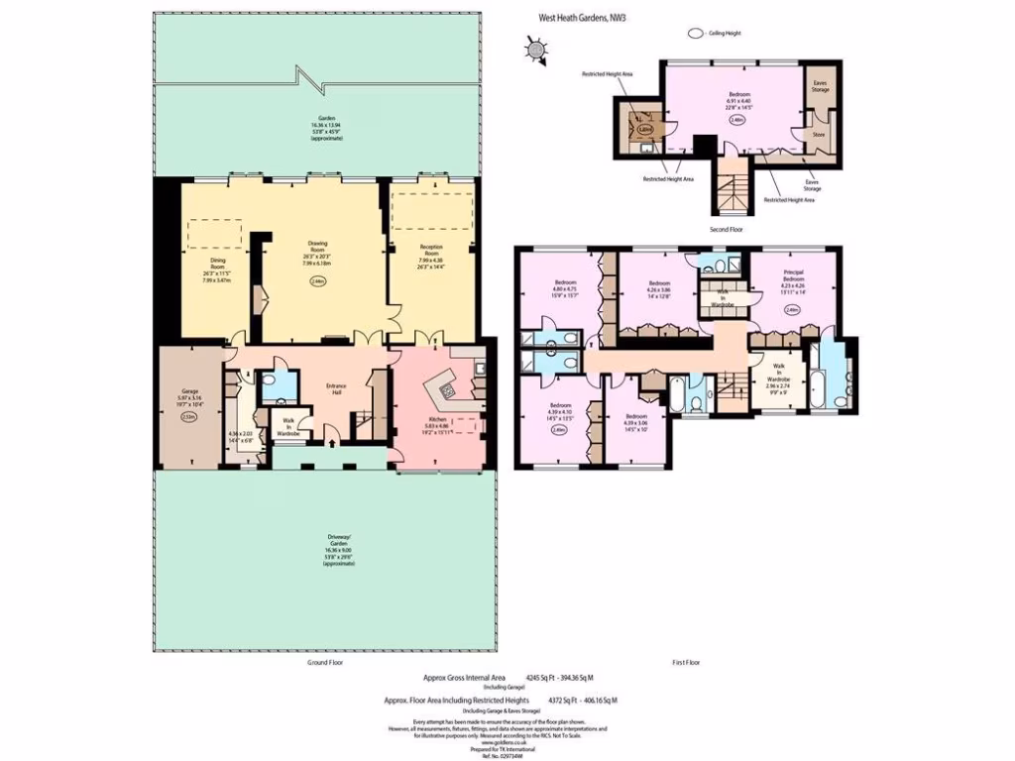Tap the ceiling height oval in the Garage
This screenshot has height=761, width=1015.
click(189, 417)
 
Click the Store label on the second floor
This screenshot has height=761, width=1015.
click(819, 134)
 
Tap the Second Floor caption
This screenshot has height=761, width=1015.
click(727, 229)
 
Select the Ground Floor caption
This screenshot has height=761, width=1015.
click(321, 661)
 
